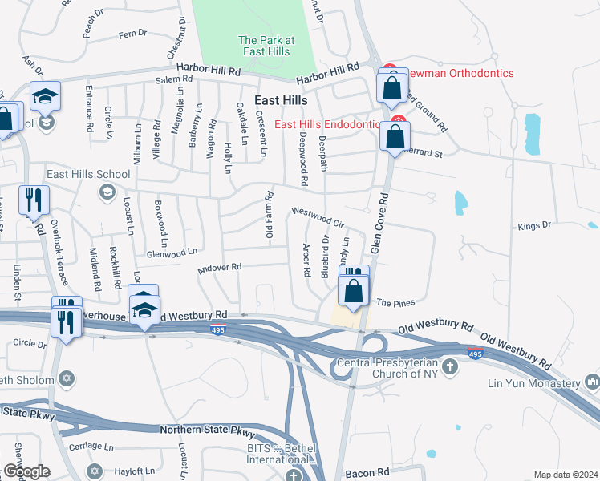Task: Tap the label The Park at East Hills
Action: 266,46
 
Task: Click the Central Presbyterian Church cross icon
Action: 450,366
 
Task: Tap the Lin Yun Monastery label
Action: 534,383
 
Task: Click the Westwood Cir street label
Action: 318,216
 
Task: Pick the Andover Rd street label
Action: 220,268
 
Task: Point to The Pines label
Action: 395,303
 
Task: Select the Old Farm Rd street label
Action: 270,214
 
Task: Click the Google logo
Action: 26,471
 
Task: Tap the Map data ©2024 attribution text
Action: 566,475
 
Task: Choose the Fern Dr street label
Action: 132,34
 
